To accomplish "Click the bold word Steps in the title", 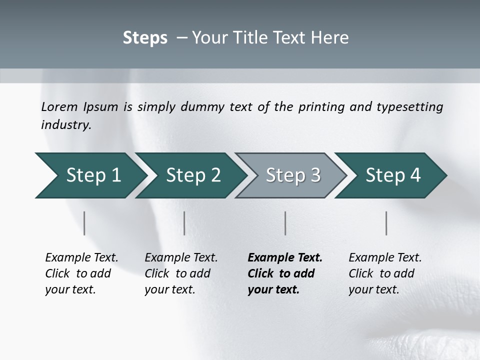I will pos(145,38).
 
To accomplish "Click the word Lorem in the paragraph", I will pos(59,106).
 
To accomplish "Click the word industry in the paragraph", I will pos(66,124).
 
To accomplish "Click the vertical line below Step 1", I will pos(84,223).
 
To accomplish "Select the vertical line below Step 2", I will pos(184,223).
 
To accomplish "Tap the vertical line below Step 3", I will pos(285,223).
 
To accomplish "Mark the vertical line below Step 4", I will pos(386,223).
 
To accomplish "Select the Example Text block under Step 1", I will pos(81,273).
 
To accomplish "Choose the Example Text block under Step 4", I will pos(385,273).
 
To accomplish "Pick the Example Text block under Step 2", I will pos(181,273).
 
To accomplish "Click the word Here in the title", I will pos(329,38).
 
